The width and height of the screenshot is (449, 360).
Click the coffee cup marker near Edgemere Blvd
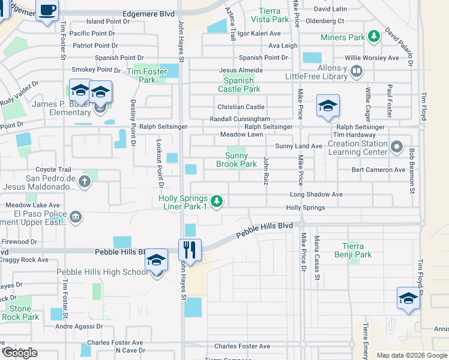(47, 10)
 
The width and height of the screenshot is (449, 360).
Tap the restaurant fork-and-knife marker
(190, 248)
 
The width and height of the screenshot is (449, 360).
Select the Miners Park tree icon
(374, 37)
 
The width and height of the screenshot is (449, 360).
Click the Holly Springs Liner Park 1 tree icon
(217, 201)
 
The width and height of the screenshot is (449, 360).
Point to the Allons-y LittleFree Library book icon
(357, 72)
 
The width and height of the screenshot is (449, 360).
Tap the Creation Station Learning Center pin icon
(396, 147)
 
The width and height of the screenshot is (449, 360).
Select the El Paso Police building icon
(76, 217)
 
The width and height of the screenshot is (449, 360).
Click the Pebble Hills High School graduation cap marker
(156, 260)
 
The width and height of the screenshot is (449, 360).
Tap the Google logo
(19, 352)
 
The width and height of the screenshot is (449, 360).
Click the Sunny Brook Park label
(236, 160)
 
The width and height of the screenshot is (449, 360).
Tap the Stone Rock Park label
(20, 313)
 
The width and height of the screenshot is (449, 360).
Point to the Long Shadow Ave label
(316, 194)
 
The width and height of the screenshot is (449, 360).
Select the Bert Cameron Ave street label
(378, 170)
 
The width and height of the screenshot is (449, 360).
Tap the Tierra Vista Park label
(273, 15)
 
